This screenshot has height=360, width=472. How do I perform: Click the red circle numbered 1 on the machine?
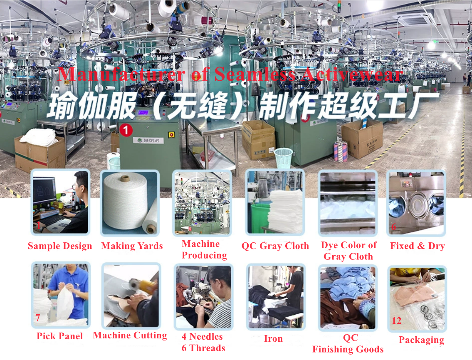tap(126, 130)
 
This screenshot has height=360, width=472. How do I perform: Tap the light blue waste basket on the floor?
tap(283, 158)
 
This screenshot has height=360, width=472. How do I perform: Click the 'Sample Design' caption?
tap(60, 246)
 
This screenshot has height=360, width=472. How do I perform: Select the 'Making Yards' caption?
tap(132, 246)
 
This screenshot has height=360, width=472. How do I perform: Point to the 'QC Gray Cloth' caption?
tap(275, 246)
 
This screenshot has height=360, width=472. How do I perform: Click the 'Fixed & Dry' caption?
tap(418, 246)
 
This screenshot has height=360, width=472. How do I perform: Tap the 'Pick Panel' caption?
tap(59, 336)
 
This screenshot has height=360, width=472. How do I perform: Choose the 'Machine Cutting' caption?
tap(130, 335)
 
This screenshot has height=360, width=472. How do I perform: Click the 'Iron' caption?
tap(273, 339)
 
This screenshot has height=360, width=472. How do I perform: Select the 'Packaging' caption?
tap(421, 340)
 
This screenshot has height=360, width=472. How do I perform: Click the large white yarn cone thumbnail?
tap(130, 203)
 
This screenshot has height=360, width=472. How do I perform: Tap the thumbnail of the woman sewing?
tap(203, 297)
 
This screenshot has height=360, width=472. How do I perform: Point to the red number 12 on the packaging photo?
tap(396, 321)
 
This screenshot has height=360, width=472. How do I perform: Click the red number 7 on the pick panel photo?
tap(37, 318)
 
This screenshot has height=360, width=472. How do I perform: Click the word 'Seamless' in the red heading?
tap(255, 74)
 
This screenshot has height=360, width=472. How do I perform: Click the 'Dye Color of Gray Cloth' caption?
tap(348, 251)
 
